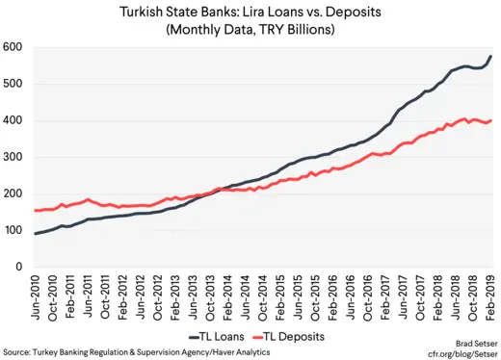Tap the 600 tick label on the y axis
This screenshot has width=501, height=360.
click(x=13, y=47)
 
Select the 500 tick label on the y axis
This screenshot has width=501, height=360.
click(x=13, y=84)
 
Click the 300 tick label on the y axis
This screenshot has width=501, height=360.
click(x=13, y=158)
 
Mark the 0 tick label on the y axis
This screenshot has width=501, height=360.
click(x=20, y=269)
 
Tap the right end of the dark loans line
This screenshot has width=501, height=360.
click(x=490, y=56)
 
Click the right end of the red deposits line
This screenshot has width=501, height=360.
click(x=490, y=121)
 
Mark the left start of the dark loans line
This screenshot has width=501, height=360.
click(x=37, y=234)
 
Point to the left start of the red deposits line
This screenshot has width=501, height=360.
click(x=37, y=211)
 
